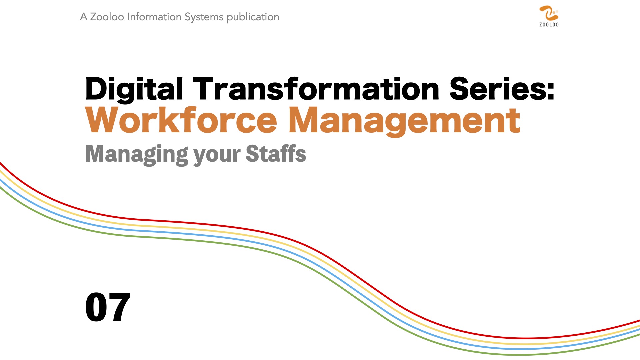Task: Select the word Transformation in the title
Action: (316, 88)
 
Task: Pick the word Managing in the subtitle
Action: (137, 155)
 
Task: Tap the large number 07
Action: (108, 307)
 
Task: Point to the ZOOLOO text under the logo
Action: (549, 25)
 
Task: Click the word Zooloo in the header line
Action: (107, 17)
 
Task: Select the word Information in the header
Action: (154, 17)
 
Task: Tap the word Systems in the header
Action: (204, 17)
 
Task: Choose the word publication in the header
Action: (253, 17)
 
